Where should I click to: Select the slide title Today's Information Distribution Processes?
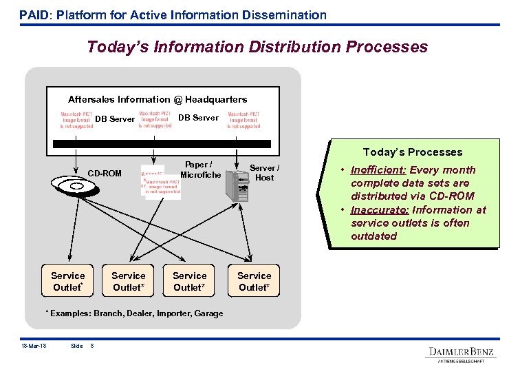click(x=257, y=47)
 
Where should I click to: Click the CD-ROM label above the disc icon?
click(x=105, y=173)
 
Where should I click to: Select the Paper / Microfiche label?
click(x=200, y=169)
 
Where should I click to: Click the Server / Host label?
click(x=264, y=172)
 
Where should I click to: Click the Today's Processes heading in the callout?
click(x=412, y=152)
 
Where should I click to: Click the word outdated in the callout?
click(x=373, y=236)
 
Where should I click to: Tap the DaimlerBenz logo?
click(x=462, y=352)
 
